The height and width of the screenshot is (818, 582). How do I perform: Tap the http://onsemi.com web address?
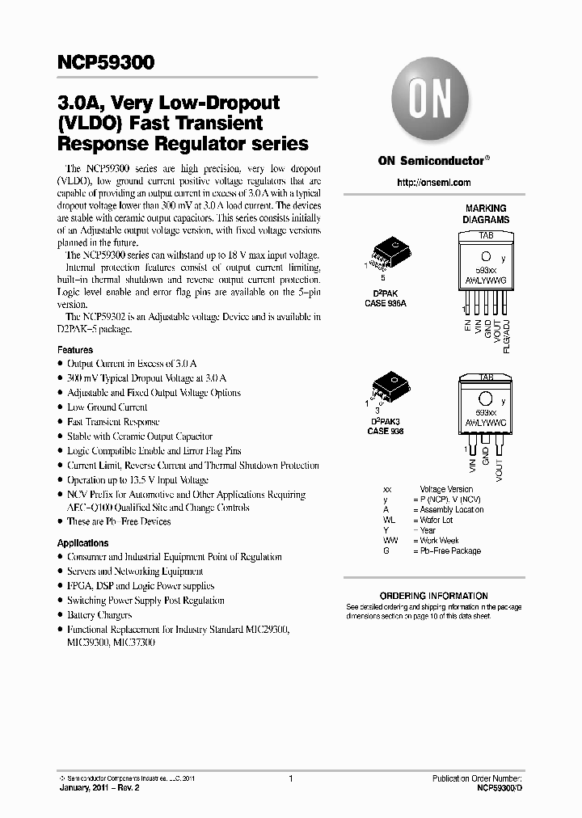pyautogui.click(x=429, y=183)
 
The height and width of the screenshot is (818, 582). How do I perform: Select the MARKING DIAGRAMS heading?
pyautogui.click(x=486, y=214)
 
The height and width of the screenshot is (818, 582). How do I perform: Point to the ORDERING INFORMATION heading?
pyautogui.click(x=433, y=596)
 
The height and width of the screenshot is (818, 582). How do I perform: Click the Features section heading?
pyautogui.click(x=75, y=350)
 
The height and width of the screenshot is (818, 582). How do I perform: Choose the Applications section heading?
pyautogui.click(x=82, y=543)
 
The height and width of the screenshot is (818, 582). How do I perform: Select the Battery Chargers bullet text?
pyautogui.click(x=99, y=615)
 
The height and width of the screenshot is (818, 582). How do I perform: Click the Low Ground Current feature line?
pyautogui.click(x=107, y=407)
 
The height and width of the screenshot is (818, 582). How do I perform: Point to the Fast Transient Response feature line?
pyautogui.click(x=113, y=422)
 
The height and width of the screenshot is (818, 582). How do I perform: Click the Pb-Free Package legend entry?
pyautogui.click(x=450, y=550)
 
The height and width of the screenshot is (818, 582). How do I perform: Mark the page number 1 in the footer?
pyautogui.click(x=290, y=778)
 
